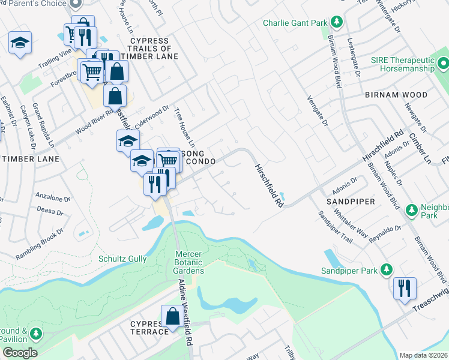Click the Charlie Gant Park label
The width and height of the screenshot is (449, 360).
pos(295,23)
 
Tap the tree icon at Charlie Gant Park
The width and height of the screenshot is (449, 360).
pos(337,23)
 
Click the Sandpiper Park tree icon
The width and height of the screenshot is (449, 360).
pos(387,271)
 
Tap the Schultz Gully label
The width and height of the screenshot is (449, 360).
pos(122,259)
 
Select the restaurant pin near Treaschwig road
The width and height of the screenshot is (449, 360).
pos(405,288)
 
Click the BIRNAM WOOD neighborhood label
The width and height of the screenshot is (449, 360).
pos(396,95)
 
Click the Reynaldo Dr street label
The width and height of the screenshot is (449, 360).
pos(385,232)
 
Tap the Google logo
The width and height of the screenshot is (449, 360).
pos(20,353)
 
